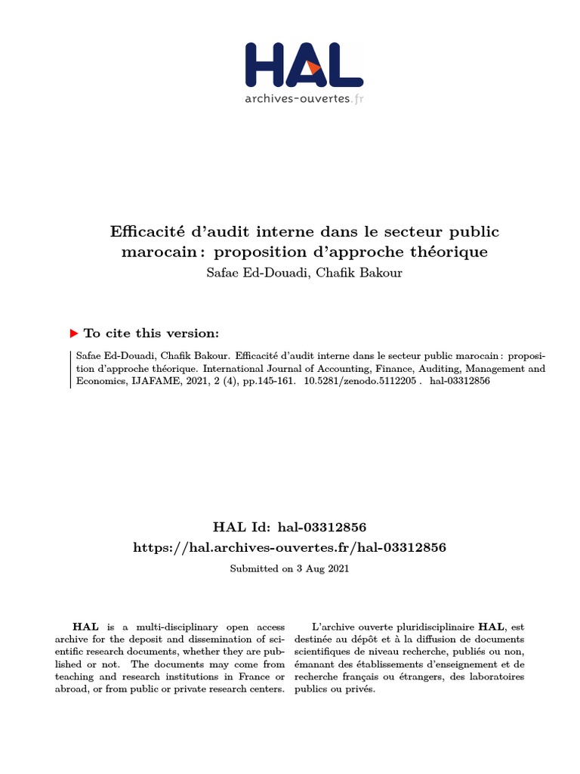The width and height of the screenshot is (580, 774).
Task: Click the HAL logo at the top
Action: coord(304,65)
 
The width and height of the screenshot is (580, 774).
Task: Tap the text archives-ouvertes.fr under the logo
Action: coord(304,98)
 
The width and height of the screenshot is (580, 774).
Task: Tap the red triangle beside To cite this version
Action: coord(74,333)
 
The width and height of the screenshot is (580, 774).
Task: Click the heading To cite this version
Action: coord(151,333)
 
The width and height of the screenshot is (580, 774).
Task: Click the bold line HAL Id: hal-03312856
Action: coord(290,526)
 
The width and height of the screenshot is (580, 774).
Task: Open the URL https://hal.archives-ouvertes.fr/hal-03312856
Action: coord(290,546)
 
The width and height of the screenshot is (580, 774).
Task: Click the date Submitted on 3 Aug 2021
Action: coord(290,568)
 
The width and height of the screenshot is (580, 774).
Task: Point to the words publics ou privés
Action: coord(335,689)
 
